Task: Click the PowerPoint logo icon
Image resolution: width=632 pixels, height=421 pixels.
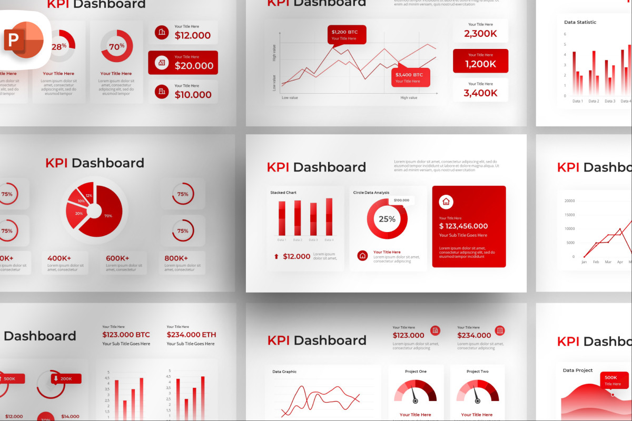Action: coord(24,40)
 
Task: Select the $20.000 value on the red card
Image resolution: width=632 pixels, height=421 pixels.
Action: coord(194,66)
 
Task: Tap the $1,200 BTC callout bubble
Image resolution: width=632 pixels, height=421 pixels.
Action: coord(346,35)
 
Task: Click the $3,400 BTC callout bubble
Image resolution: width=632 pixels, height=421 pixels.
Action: coord(410,77)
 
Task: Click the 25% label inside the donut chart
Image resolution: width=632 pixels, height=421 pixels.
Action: coord(387,219)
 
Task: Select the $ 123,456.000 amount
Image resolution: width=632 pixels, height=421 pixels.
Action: coord(463,226)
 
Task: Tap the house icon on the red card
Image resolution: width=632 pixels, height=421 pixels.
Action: coord(446,202)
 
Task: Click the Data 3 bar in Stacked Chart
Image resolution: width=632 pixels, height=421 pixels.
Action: coord(313,219)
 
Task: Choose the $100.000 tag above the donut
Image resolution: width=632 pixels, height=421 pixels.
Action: coord(401,201)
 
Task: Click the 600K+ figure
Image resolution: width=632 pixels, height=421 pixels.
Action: coord(117,258)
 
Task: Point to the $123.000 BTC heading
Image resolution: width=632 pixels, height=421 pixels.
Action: coord(126,335)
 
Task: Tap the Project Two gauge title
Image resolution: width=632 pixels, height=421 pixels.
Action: coord(477,372)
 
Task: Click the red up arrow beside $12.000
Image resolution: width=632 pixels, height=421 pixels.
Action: coord(276,257)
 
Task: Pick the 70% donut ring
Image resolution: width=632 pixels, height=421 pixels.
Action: coord(117,46)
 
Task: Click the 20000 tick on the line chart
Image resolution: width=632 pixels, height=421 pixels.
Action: coord(569,201)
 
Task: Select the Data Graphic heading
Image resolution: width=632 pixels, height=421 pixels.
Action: coord(284,372)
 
